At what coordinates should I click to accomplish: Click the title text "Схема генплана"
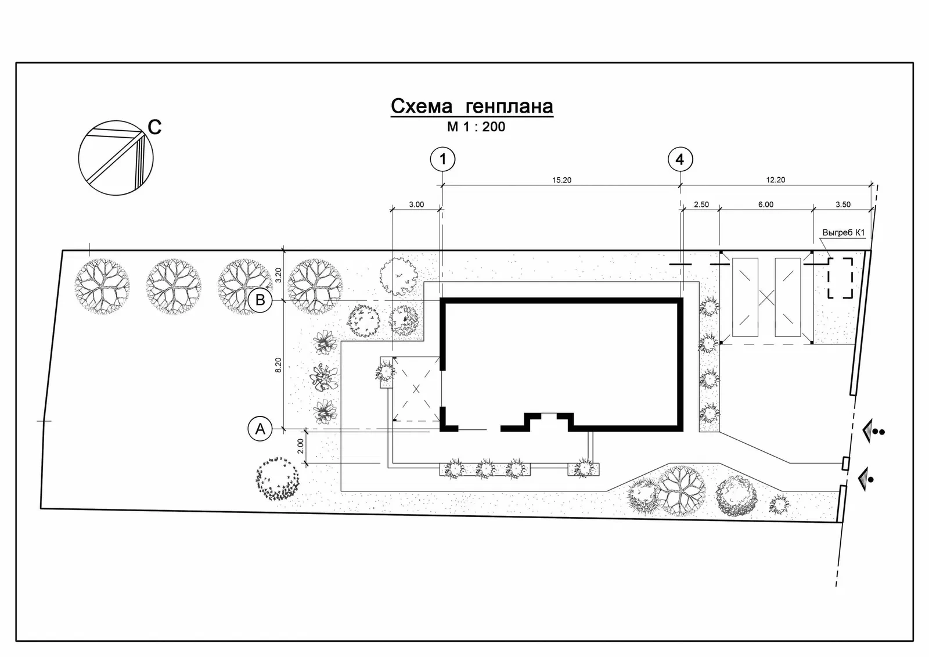point(472,106)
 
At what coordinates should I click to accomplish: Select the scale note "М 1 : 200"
point(476,127)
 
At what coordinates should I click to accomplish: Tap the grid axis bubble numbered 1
point(442,159)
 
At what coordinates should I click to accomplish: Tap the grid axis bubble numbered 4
point(680,159)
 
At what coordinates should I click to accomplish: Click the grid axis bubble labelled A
point(260,428)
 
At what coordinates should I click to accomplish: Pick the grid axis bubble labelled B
point(260,300)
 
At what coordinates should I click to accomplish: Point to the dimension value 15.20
point(561,180)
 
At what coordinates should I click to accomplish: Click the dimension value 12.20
point(776,179)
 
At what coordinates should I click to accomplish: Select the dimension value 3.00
point(416,204)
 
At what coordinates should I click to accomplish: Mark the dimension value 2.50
point(701,204)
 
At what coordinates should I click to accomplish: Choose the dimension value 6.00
point(766,204)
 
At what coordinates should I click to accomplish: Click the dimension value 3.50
point(842,204)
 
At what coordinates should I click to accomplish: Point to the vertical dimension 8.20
point(278,365)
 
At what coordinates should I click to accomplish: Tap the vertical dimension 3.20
point(278,275)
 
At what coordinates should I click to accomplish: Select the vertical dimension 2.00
point(300,446)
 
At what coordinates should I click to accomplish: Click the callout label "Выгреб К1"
point(844,233)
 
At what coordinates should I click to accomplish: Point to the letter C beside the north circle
point(154,127)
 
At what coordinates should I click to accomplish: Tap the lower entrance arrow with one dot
point(866,479)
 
